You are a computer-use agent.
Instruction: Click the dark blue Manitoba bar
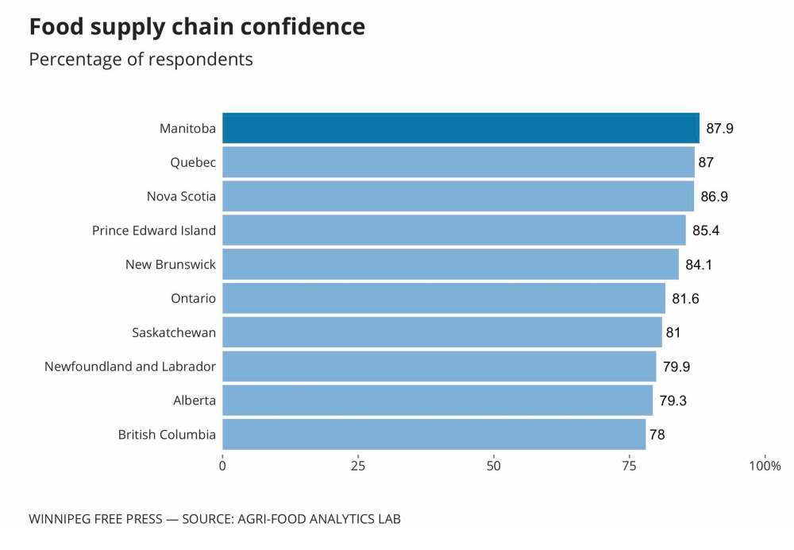tap(461, 128)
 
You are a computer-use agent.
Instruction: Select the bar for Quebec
tap(458, 162)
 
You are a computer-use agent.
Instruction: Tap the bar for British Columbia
tap(434, 435)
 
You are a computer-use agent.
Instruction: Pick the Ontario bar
tap(444, 299)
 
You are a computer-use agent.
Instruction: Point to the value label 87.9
tap(719, 129)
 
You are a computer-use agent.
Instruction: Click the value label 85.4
tap(706, 230)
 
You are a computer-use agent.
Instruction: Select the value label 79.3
tap(673, 401)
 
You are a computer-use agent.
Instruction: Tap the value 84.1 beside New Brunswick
tap(699, 265)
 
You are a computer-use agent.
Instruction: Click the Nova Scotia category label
tap(181, 196)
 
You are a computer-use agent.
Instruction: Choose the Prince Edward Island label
tap(154, 230)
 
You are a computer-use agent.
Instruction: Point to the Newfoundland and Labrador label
tap(130, 366)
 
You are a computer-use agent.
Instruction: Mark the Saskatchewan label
tap(174, 332)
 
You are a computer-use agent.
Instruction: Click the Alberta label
tap(195, 401)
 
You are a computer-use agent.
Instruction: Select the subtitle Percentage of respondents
tap(141, 60)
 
